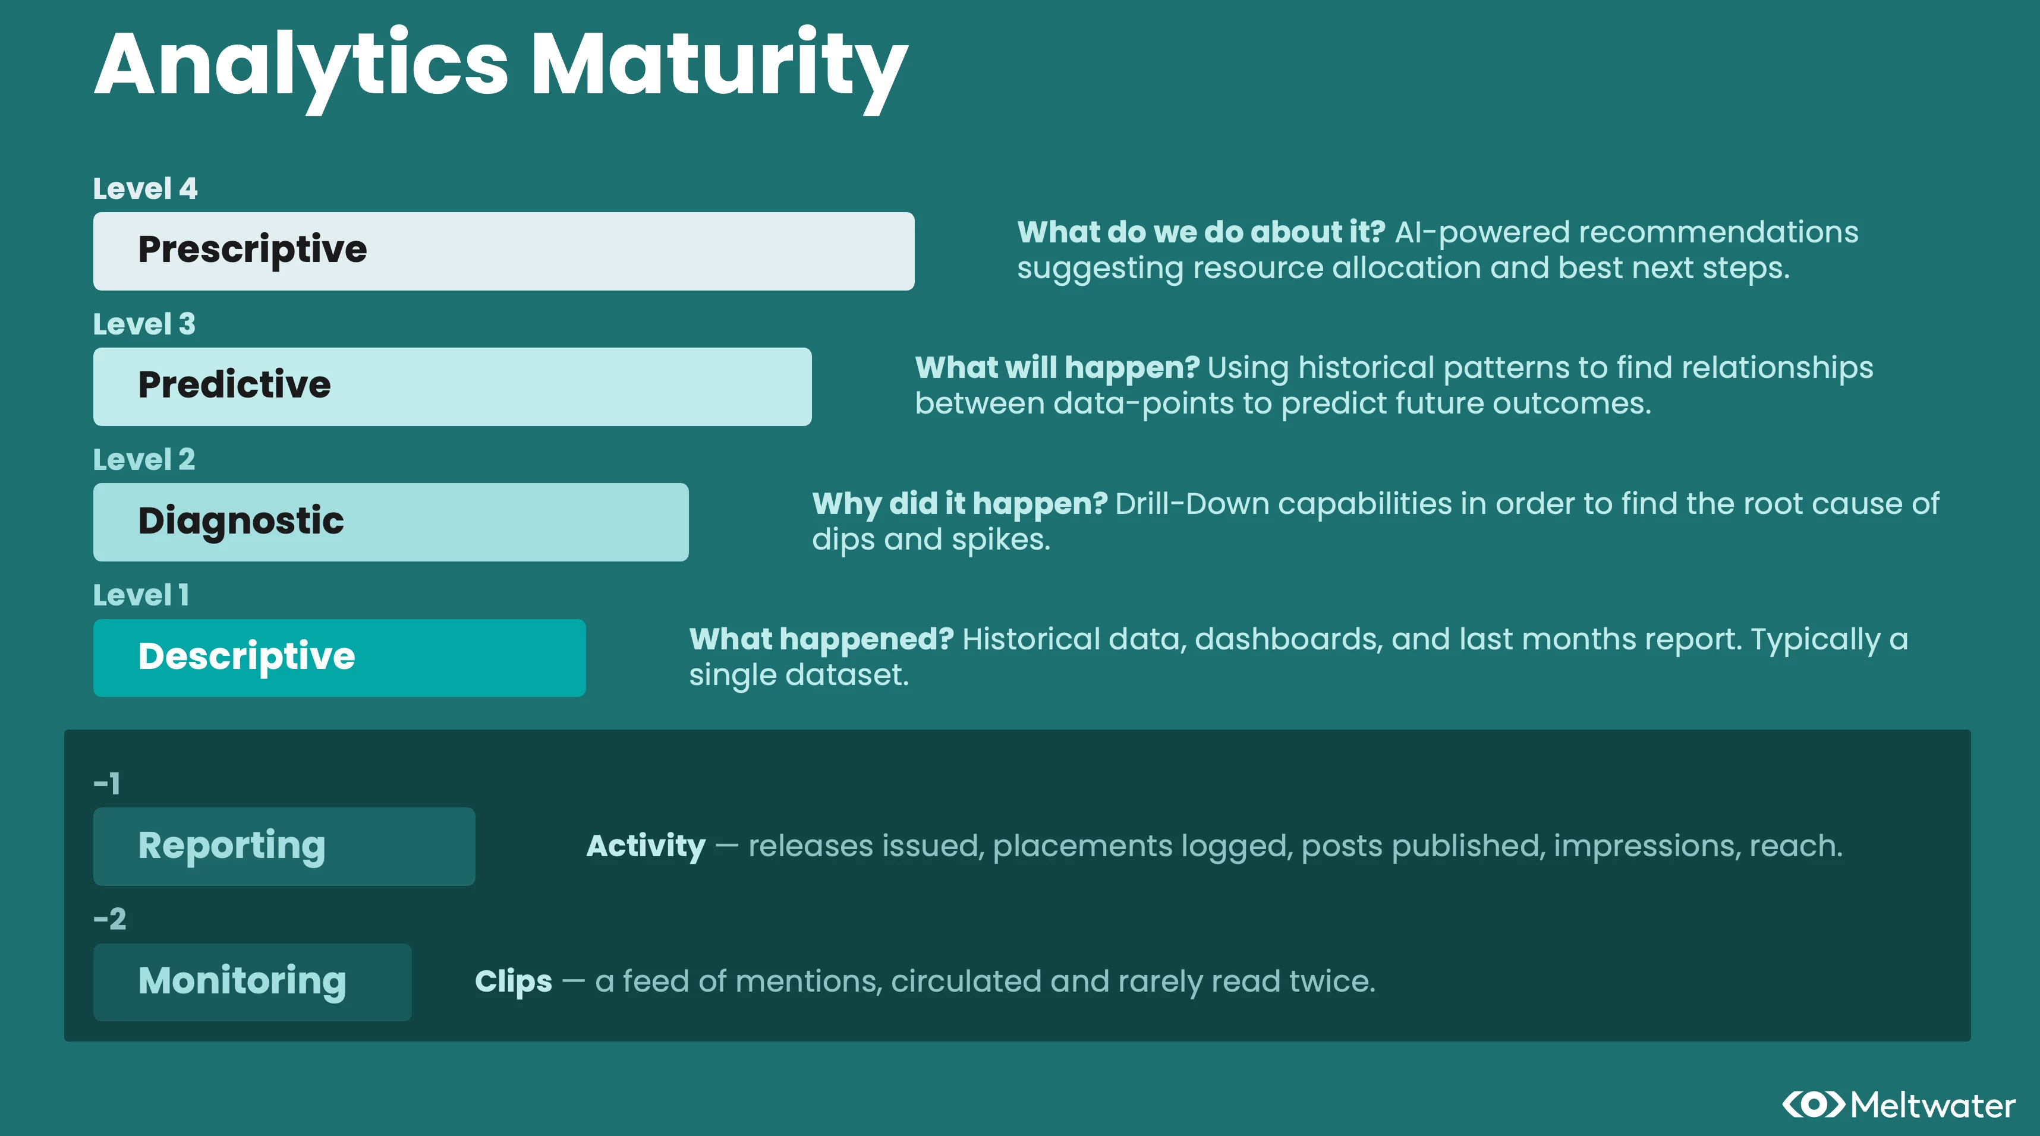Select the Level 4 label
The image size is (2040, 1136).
tap(145, 188)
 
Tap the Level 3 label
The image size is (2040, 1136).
tap(144, 324)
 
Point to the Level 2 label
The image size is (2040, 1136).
tap(144, 459)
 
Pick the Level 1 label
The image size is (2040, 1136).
tap(141, 595)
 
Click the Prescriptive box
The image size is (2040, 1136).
tap(503, 251)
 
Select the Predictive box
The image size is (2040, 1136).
tap(452, 386)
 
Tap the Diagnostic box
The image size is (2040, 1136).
tap(391, 522)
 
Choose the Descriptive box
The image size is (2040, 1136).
tap(340, 658)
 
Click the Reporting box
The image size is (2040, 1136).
tap(284, 846)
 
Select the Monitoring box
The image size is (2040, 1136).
tap(253, 982)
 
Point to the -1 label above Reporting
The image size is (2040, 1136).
tap(107, 784)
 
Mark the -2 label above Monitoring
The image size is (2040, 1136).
tap(109, 919)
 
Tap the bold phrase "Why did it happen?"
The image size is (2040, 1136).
tap(960, 503)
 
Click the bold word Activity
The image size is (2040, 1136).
tap(646, 846)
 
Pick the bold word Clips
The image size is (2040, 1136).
tap(513, 982)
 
